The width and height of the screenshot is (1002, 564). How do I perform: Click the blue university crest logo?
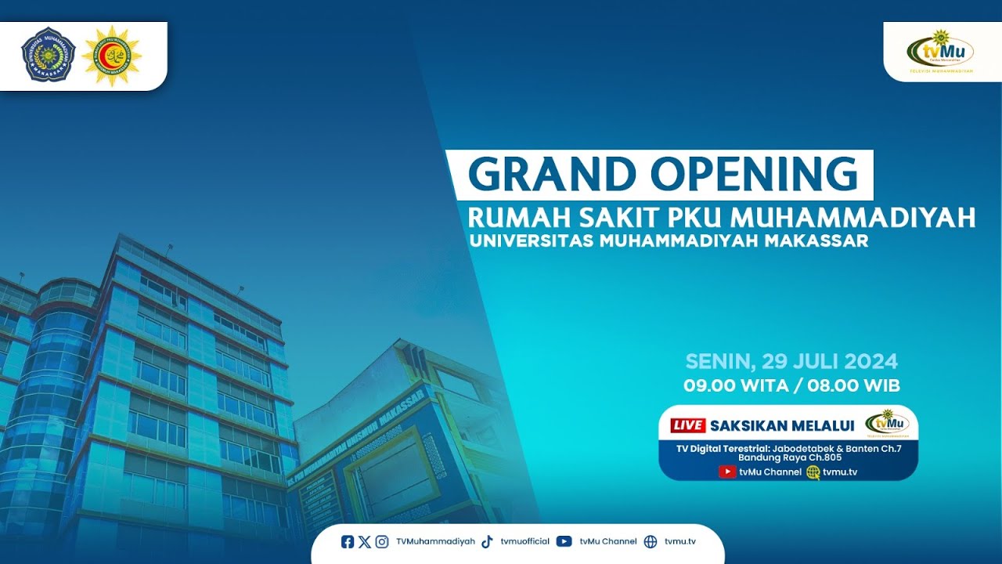[49, 55]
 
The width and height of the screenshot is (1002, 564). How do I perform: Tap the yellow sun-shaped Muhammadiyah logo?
[111, 55]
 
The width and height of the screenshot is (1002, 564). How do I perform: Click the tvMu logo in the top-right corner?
[940, 52]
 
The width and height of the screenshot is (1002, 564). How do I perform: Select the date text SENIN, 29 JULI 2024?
[791, 362]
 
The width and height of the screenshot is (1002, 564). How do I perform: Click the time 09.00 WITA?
[730, 385]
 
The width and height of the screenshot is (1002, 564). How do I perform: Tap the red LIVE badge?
[688, 425]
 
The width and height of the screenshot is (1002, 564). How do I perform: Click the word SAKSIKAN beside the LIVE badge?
[749, 425]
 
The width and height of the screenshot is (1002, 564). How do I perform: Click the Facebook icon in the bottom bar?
[348, 541]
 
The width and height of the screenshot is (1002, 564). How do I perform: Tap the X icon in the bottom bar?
[364, 541]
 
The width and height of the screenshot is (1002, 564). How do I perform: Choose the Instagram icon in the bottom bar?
[381, 541]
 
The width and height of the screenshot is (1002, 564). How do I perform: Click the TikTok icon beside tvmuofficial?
[487, 541]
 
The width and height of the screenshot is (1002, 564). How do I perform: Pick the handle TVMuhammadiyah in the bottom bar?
[435, 541]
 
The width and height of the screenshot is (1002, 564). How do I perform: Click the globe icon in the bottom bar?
[651, 541]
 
